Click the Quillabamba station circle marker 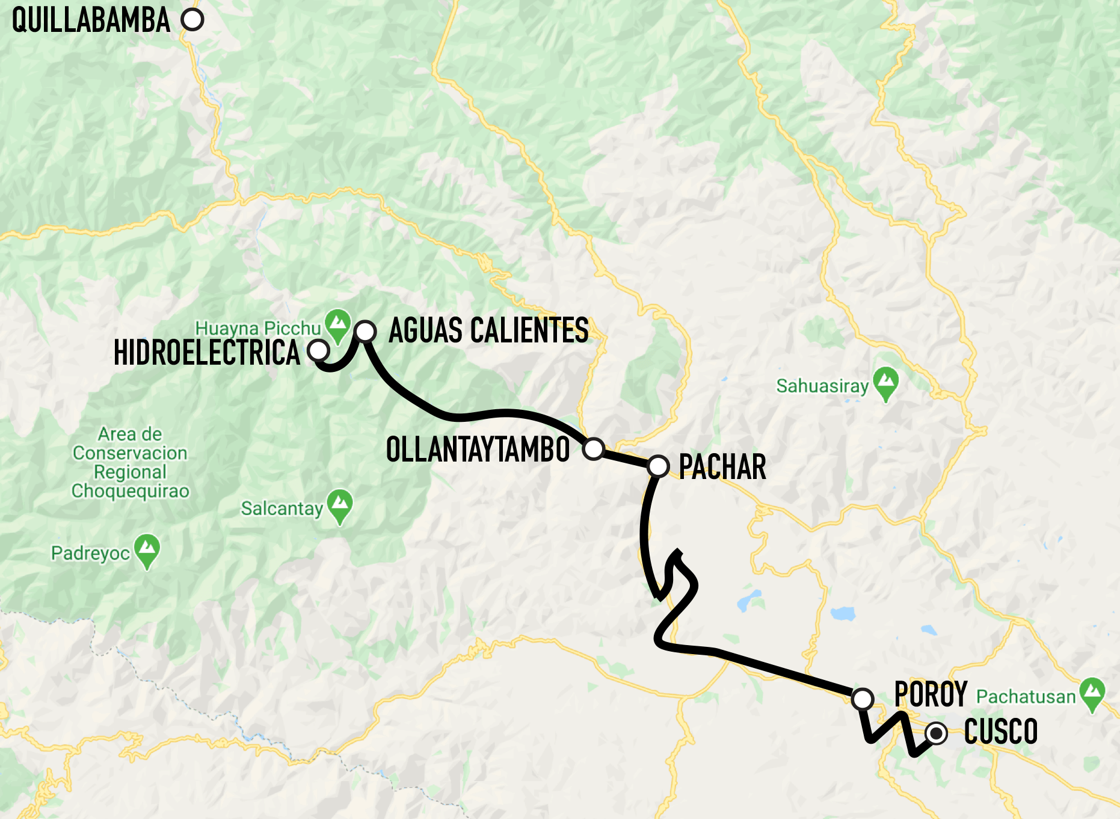point(192,20)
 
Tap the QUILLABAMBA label point(91,20)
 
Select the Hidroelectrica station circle point(318,350)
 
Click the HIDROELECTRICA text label point(206,353)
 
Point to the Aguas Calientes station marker point(366,331)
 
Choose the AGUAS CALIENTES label point(488,330)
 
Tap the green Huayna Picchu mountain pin point(337,323)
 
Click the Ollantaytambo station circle point(594,448)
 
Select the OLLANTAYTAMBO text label point(478,450)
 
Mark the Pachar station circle point(658,466)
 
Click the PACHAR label point(722,467)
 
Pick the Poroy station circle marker point(863,699)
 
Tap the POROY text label point(931,694)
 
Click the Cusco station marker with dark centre point(936,734)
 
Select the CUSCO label point(1001,732)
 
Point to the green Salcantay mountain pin point(340,504)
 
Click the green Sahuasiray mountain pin point(886,382)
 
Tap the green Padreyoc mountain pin point(147,549)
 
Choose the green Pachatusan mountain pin point(1092,693)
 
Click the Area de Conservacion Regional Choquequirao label point(130,462)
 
